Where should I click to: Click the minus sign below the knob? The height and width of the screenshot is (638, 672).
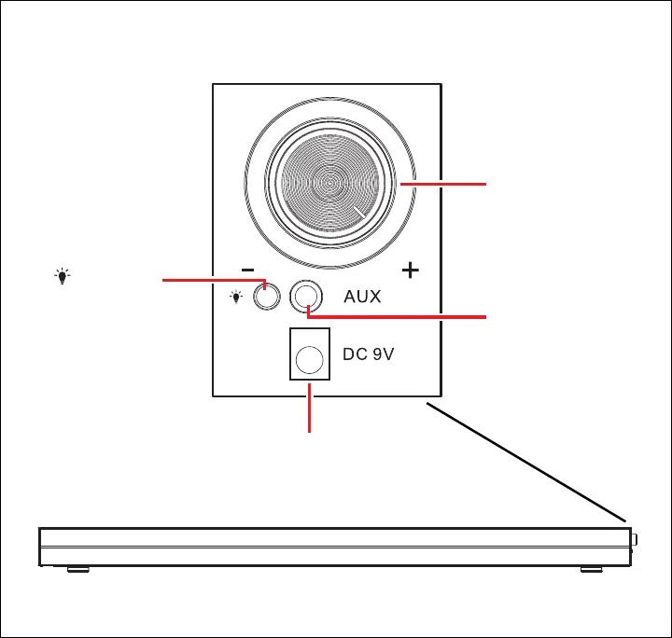coord(247,270)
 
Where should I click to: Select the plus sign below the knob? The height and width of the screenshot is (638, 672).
coord(410,270)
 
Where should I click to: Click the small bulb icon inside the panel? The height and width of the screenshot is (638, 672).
coord(237,297)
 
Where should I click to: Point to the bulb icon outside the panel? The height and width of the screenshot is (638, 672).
coord(63,276)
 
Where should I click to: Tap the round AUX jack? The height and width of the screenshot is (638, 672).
coord(307,297)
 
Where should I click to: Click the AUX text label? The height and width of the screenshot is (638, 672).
coord(363,298)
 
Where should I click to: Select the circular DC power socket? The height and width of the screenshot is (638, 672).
coord(311,358)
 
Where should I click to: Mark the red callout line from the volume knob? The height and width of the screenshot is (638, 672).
coord(444,185)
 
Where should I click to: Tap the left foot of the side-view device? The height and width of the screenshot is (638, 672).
coord(78,569)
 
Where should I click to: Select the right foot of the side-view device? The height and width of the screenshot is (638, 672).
coord(592,569)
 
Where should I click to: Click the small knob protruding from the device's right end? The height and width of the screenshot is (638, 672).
coord(635,539)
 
